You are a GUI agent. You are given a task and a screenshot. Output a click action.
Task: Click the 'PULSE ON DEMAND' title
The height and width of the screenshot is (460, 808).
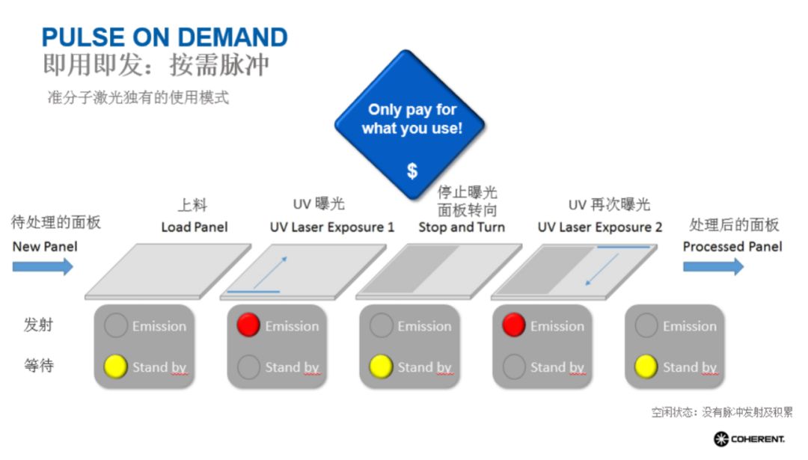[x=165, y=37]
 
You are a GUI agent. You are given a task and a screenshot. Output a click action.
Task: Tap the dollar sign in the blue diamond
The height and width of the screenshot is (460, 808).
[x=411, y=171]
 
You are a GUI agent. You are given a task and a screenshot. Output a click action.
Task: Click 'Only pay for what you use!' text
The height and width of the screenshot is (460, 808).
[x=411, y=119]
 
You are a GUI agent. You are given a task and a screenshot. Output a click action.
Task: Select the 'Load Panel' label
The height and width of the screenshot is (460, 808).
[x=195, y=227]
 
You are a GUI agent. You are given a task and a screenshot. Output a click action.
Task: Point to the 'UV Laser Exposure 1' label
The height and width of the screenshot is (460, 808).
[x=332, y=227]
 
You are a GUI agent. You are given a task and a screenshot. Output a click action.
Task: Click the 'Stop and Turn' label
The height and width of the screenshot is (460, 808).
[x=462, y=227]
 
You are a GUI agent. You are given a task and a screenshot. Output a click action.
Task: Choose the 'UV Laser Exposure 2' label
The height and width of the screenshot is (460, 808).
[x=600, y=227]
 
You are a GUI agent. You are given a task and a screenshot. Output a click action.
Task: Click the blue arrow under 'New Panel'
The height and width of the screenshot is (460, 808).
[x=43, y=266]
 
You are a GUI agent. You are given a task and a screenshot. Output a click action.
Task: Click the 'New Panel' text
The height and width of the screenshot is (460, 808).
[x=45, y=246]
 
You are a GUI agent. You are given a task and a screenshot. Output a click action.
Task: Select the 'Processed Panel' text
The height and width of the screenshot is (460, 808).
[x=732, y=246]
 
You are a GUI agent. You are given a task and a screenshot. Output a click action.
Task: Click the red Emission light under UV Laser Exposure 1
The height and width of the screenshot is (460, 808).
[x=248, y=325]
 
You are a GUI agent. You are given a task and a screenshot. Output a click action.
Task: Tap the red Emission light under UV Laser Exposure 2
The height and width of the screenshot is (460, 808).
[x=514, y=325]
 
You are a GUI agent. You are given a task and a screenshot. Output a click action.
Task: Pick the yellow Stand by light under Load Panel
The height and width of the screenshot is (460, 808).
[x=116, y=367]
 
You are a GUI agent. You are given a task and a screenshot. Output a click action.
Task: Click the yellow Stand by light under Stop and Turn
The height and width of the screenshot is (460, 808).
[x=382, y=367]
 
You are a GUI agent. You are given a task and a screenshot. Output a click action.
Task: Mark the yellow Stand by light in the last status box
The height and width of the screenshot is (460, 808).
[x=646, y=367]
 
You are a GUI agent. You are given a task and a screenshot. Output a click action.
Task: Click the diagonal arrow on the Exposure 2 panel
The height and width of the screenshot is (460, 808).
[x=602, y=269]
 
